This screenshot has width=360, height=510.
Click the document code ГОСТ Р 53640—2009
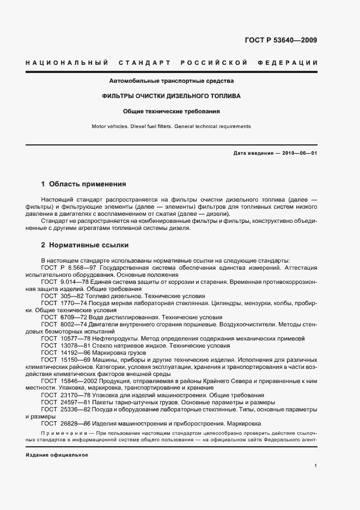click(x=289, y=40)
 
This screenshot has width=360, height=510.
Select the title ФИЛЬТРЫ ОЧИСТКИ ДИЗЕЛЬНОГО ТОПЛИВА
click(x=172, y=96)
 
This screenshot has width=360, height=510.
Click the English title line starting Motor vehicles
click(x=172, y=126)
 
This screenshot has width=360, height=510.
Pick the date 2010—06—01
click(x=297, y=153)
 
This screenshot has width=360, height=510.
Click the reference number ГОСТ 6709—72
click(x=62, y=317)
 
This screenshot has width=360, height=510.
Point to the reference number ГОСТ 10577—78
click(x=63, y=338)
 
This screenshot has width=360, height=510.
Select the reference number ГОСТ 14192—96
click(x=63, y=353)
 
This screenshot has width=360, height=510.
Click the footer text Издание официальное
click(x=57, y=454)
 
